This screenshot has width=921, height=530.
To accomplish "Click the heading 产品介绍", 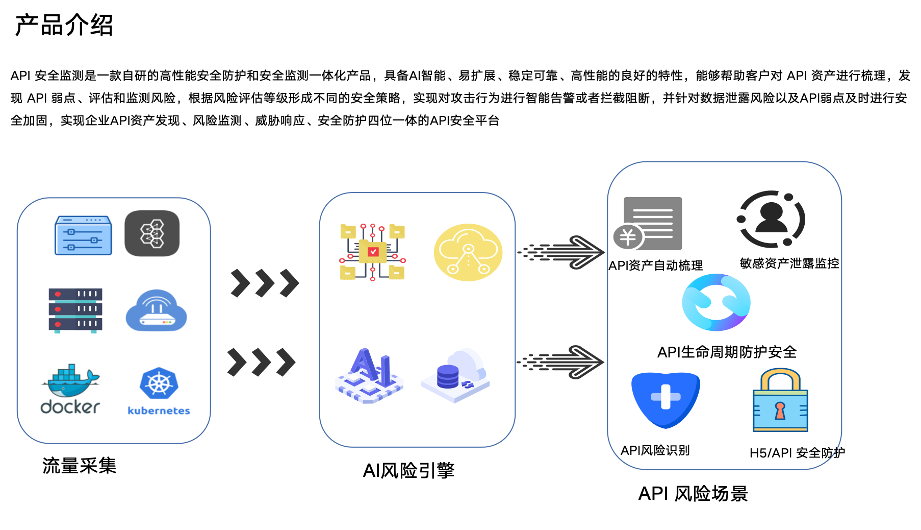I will pos(64,25).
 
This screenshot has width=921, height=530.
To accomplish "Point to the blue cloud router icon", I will pos(156,311).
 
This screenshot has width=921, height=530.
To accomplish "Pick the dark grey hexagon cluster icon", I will pos(152,233).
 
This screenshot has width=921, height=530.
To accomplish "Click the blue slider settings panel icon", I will pos(83,235).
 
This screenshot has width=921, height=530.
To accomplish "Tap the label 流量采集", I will pos(79,466).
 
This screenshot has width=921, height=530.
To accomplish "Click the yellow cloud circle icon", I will pos(468,252).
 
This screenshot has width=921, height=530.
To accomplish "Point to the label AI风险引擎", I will pos(408,470).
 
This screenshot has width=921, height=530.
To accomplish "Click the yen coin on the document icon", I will pos(628,237).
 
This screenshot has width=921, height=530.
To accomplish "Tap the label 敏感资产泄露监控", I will pos(789,263).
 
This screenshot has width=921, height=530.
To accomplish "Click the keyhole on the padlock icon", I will pos(780,410).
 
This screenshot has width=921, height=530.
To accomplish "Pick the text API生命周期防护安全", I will pos(726,352).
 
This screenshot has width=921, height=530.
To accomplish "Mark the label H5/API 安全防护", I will pos(797,453).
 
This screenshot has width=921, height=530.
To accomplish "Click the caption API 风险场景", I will pos(693,494).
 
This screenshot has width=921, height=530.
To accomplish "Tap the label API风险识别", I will pos(655,450).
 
